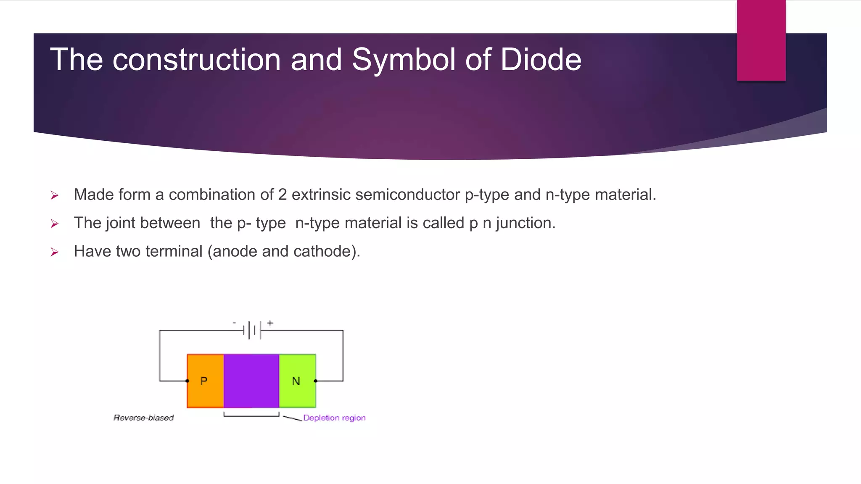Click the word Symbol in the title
403,59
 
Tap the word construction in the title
196,59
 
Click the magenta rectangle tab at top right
761,40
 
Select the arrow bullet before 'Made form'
54,195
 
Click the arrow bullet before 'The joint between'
54,224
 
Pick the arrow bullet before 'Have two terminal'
54,252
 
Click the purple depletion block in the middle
251,381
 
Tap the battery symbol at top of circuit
252,330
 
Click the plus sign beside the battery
270,323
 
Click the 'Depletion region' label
334,418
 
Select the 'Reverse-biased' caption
144,418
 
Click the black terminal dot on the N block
316,381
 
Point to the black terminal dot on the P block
188,381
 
